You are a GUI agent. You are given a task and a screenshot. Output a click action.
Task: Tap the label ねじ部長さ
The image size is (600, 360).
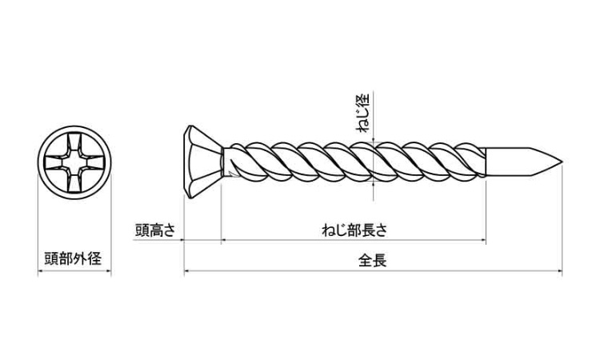(354, 230)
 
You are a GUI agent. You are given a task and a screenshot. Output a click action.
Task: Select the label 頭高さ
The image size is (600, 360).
(155, 230)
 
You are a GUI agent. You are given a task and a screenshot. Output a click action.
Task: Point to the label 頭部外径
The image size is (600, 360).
(76, 258)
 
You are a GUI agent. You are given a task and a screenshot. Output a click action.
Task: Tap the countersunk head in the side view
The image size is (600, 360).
(198, 164)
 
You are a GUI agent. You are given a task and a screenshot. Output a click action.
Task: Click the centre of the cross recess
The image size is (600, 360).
(75, 164)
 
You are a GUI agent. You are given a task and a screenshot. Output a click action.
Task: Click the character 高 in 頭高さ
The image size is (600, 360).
(155, 230)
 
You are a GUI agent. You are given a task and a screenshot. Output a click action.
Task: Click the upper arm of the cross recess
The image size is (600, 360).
(75, 147)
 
